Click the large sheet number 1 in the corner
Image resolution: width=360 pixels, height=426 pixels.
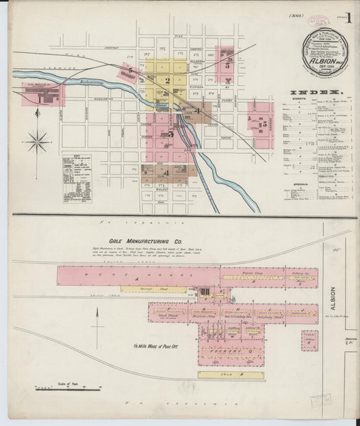point(348,18)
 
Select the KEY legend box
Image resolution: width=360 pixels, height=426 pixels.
point(76,178)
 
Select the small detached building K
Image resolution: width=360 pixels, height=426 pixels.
point(309,340)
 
